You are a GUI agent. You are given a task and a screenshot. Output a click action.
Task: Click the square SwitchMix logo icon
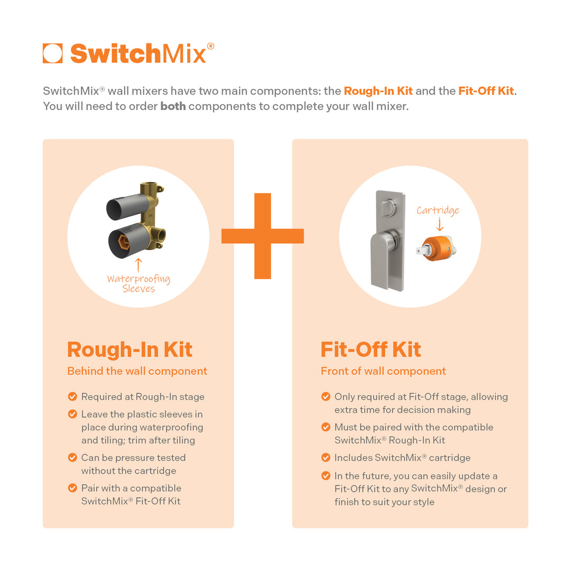pos(52,53)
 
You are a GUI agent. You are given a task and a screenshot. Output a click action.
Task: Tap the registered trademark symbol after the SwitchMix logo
pos(210,46)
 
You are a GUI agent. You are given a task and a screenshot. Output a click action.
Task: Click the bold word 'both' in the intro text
pos(173,106)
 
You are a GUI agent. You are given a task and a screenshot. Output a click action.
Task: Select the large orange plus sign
pos(263,236)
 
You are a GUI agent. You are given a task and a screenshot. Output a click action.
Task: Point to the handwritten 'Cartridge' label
pos(438,210)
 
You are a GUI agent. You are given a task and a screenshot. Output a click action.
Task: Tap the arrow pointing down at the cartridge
pos(440,224)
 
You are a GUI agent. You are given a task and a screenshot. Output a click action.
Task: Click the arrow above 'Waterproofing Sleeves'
pos(139,265)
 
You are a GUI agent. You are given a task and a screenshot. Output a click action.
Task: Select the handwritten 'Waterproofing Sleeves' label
pos(139,284)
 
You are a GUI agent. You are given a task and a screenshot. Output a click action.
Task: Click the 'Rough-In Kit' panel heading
pos(130,350)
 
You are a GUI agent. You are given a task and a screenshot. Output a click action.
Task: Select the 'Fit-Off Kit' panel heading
pos(371,349)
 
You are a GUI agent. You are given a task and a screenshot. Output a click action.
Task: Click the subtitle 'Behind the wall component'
pos(137,371)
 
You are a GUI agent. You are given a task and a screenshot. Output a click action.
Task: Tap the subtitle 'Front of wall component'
pos(383,371)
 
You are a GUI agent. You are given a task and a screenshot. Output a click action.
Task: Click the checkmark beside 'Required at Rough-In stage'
pos(72,397)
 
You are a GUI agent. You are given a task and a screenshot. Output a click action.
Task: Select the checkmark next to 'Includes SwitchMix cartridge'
pos(326,457)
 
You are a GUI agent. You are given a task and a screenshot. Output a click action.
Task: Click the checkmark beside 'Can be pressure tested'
pos(72,457)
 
